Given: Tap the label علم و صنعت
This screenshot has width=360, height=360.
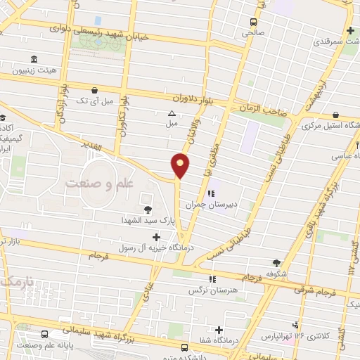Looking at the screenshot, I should click(99, 183).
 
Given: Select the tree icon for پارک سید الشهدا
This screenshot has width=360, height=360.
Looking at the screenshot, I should click(147, 209).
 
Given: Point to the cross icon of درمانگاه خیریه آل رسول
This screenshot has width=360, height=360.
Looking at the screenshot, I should click(165, 236).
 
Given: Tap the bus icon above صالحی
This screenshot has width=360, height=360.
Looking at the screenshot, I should click(254, 21).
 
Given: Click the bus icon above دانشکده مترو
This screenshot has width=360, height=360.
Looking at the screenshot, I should click(184, 347).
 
